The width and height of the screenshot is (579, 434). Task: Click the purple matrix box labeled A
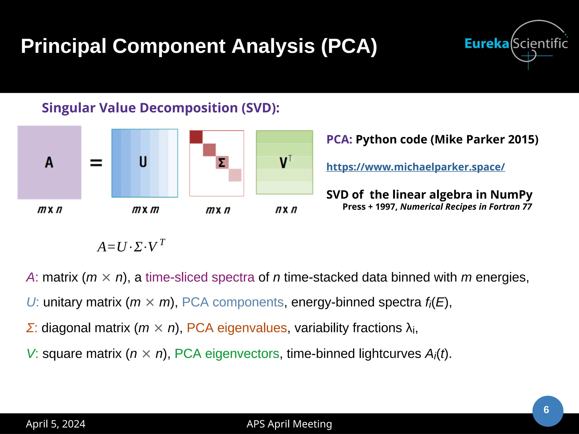coord(49,162)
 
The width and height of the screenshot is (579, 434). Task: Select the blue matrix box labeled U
coord(144,163)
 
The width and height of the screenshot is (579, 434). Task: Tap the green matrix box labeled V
coord(284,162)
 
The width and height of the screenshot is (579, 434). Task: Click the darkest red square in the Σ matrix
coord(196,137)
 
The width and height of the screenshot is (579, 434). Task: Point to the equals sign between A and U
coord(96,163)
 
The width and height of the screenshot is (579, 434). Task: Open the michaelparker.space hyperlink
coord(415,167)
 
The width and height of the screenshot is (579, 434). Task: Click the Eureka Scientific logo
coord(516,44)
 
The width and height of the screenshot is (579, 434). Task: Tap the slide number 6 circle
coord(547,410)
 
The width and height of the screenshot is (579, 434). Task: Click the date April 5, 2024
coord(55,424)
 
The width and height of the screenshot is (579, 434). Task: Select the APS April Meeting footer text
coord(289,424)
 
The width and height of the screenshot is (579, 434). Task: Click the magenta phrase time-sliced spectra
coord(200,277)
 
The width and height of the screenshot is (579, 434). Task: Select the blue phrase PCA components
coord(232,302)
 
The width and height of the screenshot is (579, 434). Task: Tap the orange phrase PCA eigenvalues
coord(237,328)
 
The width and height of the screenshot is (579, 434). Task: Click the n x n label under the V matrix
coord(286,210)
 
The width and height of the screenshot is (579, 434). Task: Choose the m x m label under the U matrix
coord(145,210)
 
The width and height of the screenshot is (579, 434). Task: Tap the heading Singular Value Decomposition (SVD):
coord(161,108)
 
